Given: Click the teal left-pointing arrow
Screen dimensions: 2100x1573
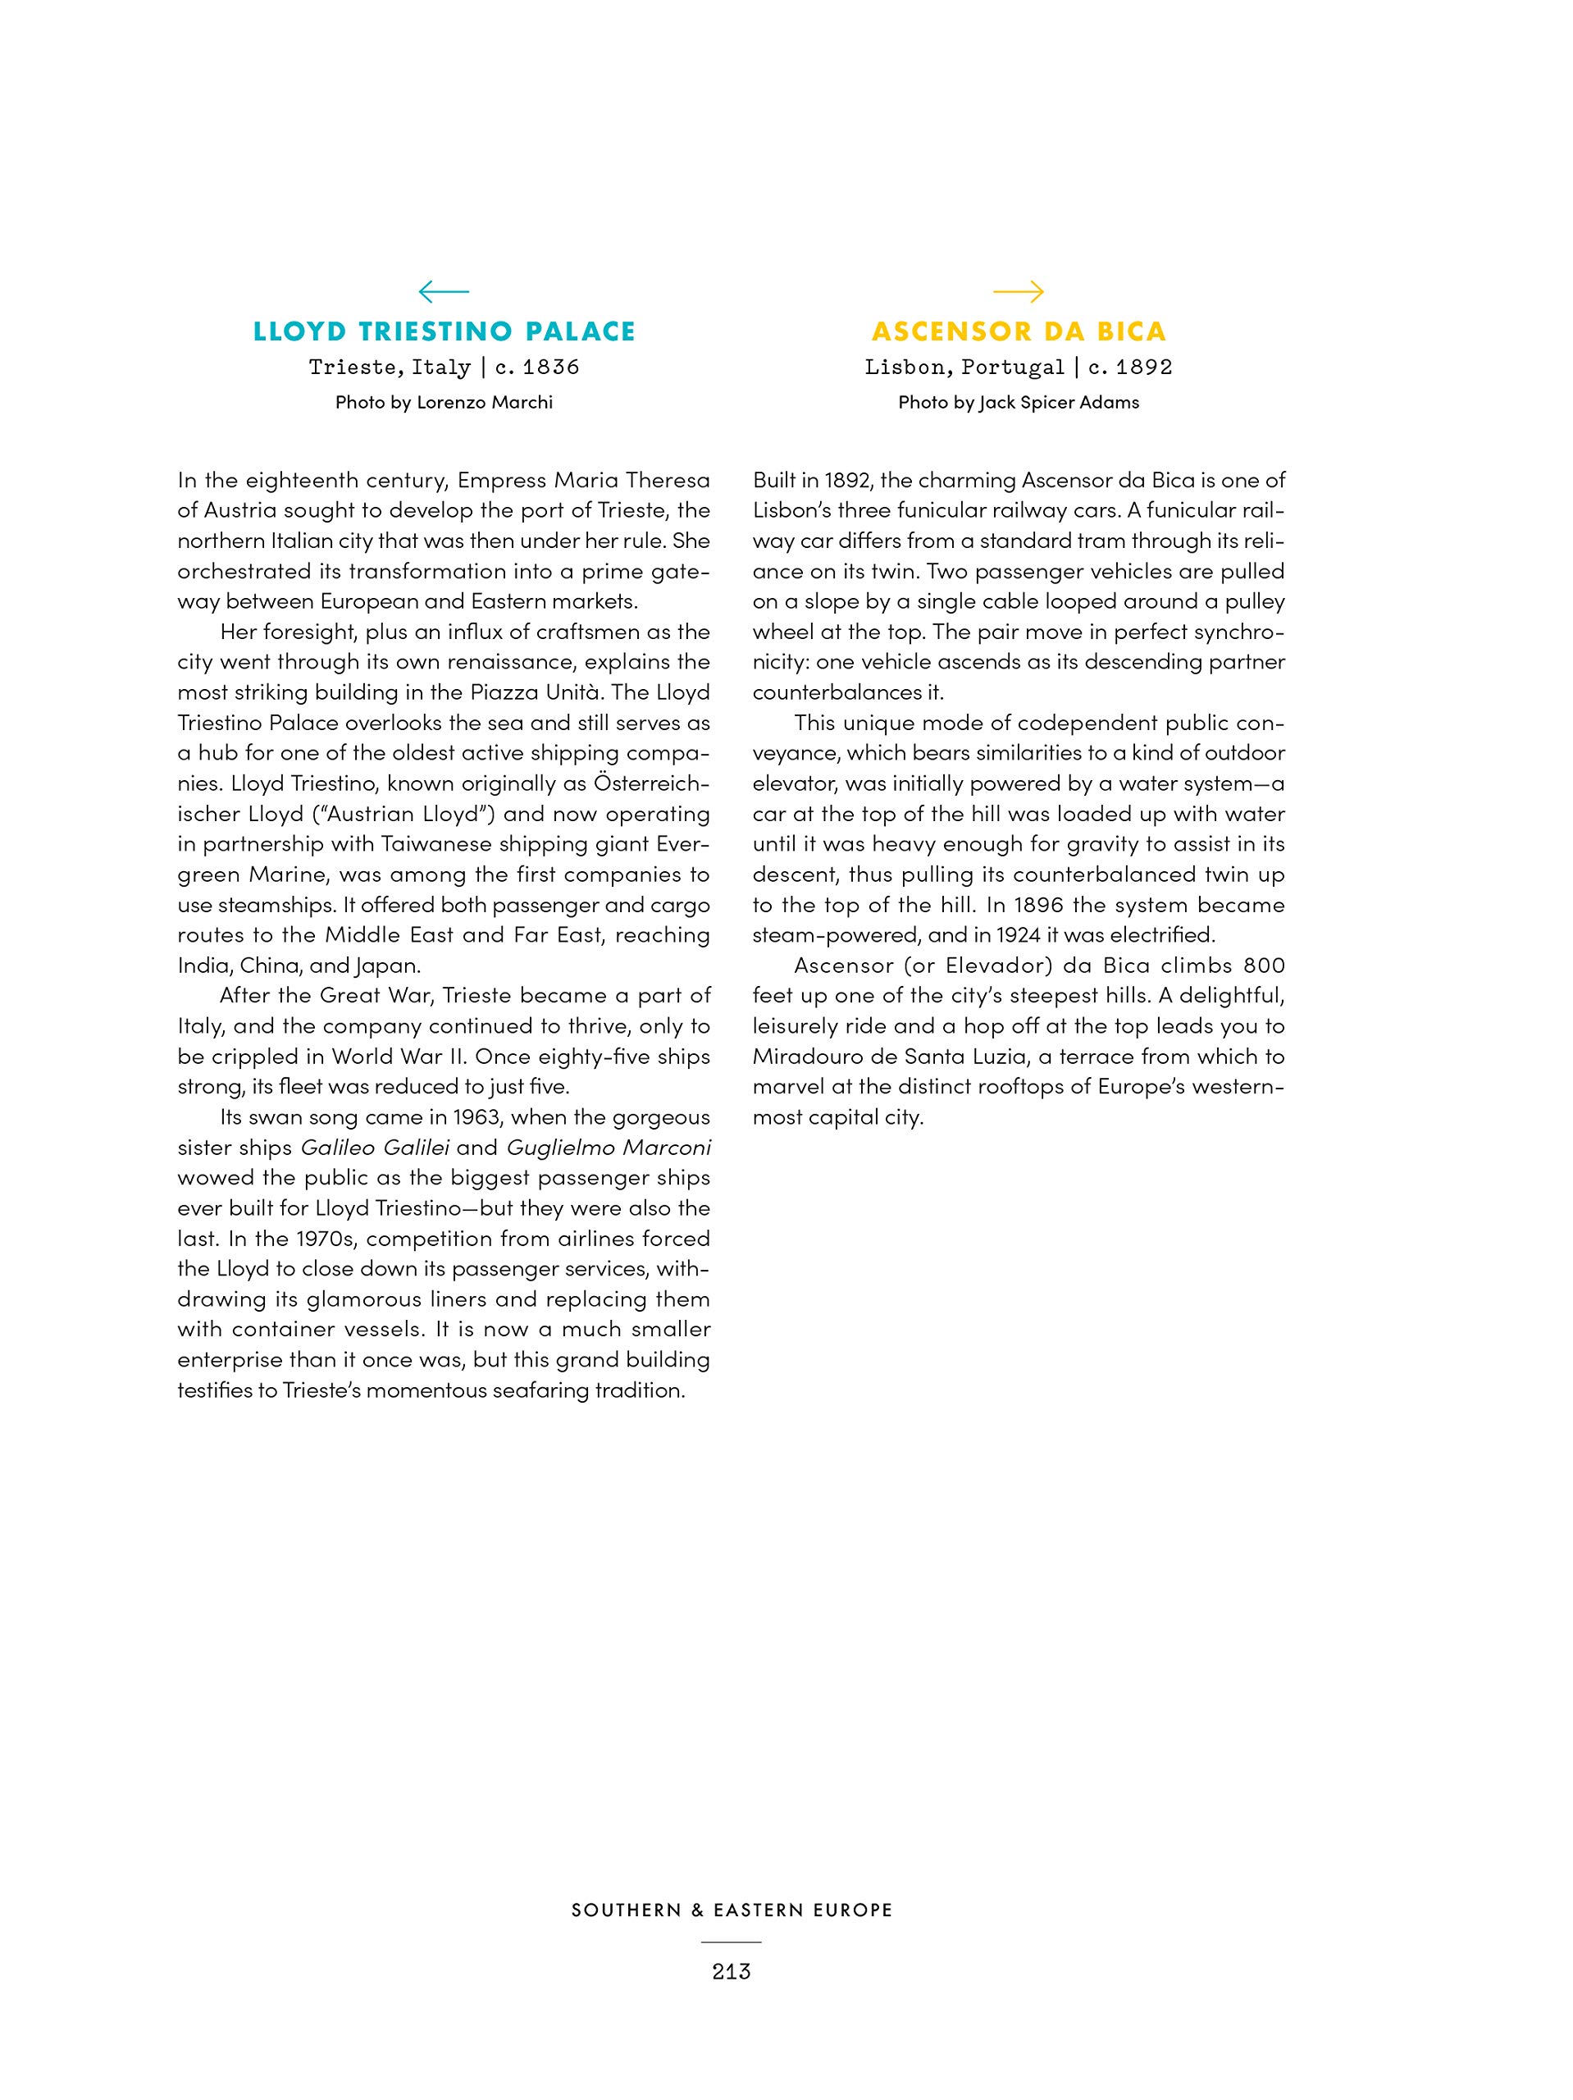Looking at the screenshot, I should click(444, 290).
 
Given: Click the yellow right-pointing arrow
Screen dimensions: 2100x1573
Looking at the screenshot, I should click(1018, 290).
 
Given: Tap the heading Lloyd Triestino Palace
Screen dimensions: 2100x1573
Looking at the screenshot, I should click(445, 331).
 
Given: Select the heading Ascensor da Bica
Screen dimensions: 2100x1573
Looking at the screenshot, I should click(1019, 331).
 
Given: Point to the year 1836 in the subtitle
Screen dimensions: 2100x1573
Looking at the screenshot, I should click(550, 367).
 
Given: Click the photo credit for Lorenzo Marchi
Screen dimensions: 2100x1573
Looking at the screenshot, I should click(444, 403).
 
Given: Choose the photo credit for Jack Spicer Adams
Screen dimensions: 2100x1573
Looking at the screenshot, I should click(1019, 403).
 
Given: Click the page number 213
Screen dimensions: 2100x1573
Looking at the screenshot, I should click(731, 1972).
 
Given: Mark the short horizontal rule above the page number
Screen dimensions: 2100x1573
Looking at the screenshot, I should click(731, 1942).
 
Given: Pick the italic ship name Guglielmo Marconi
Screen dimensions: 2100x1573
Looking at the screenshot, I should click(609, 1148).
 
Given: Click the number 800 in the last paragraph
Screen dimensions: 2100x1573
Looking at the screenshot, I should click(1264, 966).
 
